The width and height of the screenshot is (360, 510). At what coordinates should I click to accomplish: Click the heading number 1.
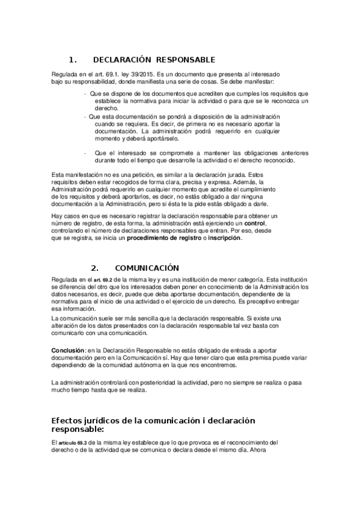72,60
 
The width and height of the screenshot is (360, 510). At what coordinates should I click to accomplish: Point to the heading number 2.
94,268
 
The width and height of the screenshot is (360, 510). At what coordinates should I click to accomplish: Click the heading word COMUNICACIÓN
147,268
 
